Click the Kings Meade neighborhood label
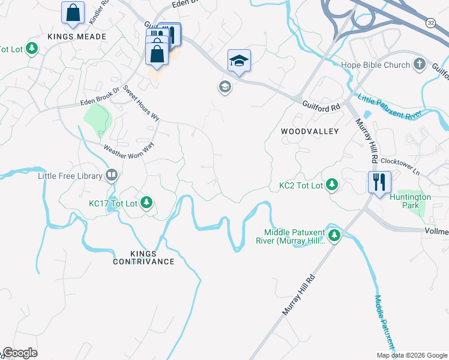pyautogui.click(x=77, y=37)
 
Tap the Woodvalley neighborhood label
pyautogui.click(x=309, y=131)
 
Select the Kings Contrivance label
pyautogui.click(x=144, y=257)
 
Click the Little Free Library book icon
pyautogui.click(x=111, y=176)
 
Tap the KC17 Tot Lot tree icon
pyautogui.click(x=146, y=203)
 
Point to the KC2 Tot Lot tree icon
pyautogui.click(x=331, y=186)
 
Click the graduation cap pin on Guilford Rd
pyautogui.click(x=239, y=60)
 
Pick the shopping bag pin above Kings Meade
pyautogui.click(x=73, y=12)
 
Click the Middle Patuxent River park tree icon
pyautogui.click(x=334, y=236)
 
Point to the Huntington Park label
pyautogui.click(x=410, y=201)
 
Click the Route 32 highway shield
pyautogui.click(x=431, y=22)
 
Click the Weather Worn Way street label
pyautogui.click(x=128, y=146)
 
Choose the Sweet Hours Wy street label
pyautogui.click(x=141, y=104)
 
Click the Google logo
pyautogui.click(x=20, y=353)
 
